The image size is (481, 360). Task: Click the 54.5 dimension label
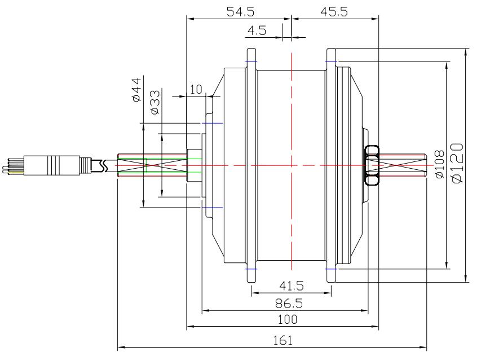240,12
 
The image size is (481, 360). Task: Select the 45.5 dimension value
334,12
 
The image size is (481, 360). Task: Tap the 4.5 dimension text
257,30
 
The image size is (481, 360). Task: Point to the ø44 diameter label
136,90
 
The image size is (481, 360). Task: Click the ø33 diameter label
155,102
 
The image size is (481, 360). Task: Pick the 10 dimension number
196,89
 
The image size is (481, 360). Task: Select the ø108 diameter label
439,164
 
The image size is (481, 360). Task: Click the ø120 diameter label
457,163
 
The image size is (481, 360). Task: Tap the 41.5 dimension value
292,286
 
